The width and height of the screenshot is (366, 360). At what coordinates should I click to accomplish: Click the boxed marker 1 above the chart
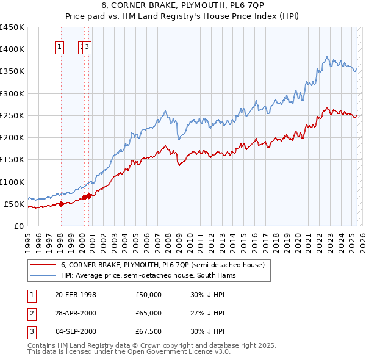tap(60, 46)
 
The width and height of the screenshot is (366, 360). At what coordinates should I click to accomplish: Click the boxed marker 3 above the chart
tap(88, 46)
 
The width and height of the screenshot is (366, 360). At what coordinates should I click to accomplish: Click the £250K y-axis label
tap(12, 115)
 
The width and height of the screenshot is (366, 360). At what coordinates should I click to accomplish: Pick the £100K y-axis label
tap(12, 182)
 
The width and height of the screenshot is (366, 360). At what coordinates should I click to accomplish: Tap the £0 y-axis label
tap(18, 226)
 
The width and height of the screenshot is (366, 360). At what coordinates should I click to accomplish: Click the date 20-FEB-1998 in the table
tap(76, 295)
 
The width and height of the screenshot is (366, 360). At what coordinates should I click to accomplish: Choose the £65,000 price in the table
tap(149, 313)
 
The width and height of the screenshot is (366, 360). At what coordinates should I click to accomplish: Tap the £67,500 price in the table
tap(149, 331)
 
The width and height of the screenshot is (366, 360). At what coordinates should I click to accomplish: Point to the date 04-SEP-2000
tap(76, 331)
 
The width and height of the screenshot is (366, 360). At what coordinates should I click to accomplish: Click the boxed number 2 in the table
tap(31, 313)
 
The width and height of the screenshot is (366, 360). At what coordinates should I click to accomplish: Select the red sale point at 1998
tap(60, 204)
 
